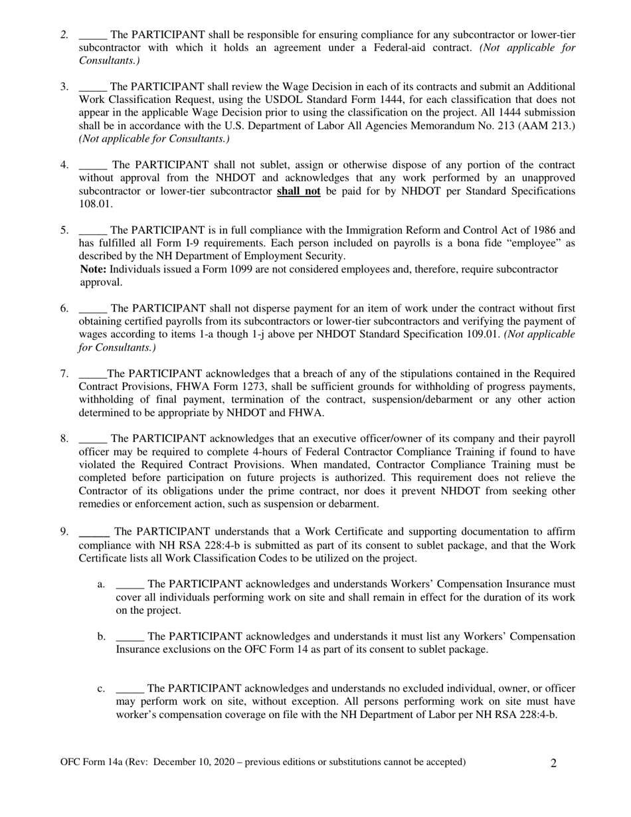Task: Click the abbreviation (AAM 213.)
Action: pyautogui.click(x=540, y=125)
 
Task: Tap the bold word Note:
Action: pyautogui.click(x=93, y=269)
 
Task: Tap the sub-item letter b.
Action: pyautogui.click(x=101, y=636)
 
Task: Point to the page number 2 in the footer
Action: pyautogui.click(x=553, y=763)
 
